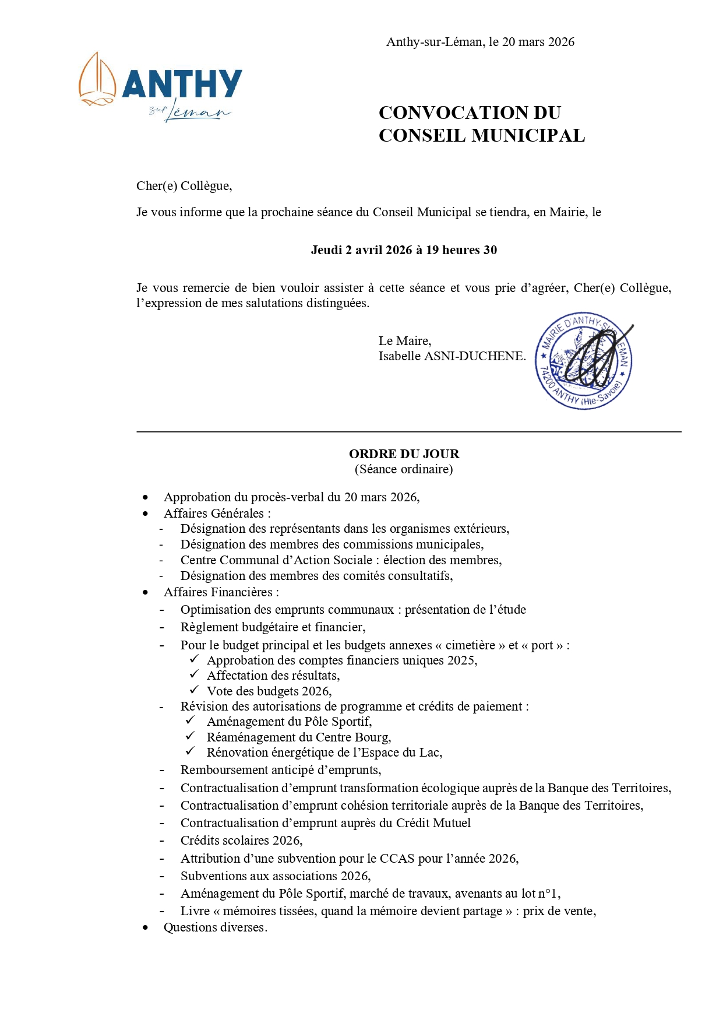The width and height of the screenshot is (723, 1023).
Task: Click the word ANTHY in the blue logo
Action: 182,84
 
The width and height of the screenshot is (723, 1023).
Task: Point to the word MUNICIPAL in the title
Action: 528,136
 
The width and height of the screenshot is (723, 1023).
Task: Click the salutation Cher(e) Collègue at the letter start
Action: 184,186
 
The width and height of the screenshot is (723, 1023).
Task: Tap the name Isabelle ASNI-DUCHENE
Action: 452,356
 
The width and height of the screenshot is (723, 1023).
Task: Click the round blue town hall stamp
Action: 584,360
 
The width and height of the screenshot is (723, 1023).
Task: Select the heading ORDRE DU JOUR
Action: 404,454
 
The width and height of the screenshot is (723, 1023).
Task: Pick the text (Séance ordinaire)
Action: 404,469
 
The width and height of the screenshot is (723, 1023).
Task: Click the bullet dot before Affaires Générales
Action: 146,514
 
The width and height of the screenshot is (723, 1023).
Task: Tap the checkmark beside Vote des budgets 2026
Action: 194,690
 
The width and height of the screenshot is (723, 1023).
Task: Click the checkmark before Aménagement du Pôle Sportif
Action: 190,720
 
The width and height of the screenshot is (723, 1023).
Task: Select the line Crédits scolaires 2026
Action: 241,841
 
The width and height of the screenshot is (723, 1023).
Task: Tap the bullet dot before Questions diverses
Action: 146,927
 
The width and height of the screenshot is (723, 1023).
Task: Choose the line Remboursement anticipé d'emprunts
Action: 281,770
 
